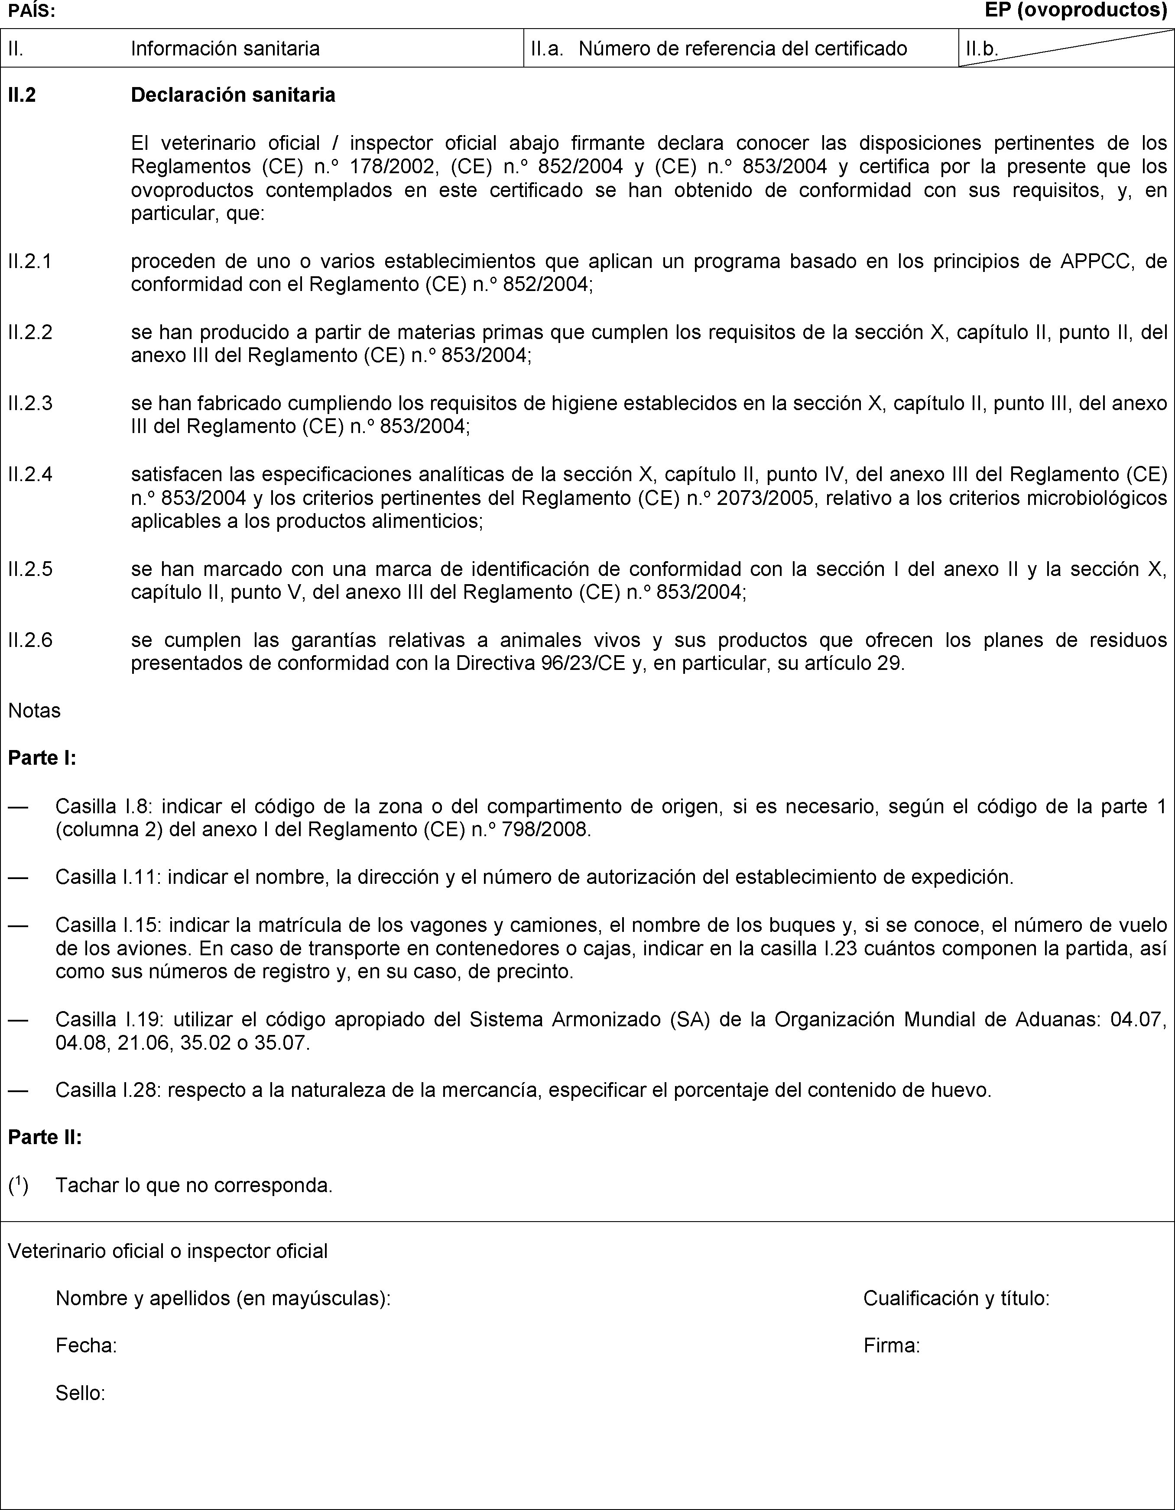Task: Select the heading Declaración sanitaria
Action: pyautogui.click(x=233, y=95)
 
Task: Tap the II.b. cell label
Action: pyautogui.click(x=982, y=49)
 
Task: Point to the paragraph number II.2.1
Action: pyautogui.click(x=30, y=262)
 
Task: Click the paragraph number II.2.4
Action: pyautogui.click(x=30, y=474)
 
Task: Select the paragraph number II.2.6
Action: pyautogui.click(x=30, y=640)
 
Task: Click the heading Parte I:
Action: pyautogui.click(x=42, y=758)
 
